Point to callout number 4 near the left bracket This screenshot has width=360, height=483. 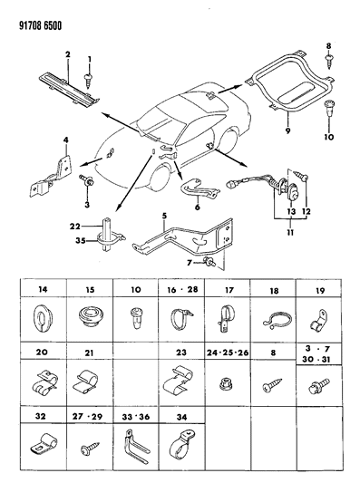tap(64, 138)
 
